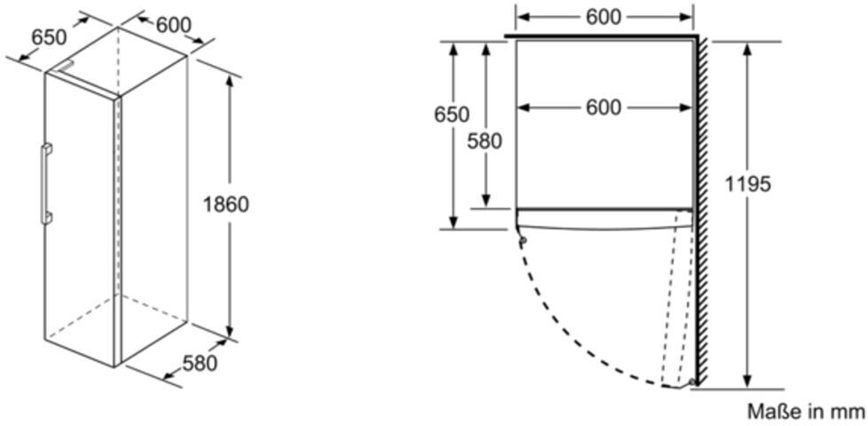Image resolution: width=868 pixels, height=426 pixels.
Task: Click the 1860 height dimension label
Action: click(x=225, y=204)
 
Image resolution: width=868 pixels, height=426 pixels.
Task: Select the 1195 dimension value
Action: click(x=748, y=185)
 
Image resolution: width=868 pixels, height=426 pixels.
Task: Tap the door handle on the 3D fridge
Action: click(x=44, y=184)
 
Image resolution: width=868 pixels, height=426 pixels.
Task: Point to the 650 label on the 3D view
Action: click(x=50, y=37)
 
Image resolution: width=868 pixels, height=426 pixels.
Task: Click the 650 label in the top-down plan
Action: click(x=452, y=114)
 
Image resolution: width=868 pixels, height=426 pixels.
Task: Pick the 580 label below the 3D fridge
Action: click(x=200, y=363)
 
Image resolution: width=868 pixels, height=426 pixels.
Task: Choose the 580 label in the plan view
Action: click(x=485, y=141)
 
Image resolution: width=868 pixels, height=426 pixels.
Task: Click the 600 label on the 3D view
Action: click(x=173, y=24)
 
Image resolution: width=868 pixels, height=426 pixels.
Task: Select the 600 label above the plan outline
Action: click(x=604, y=17)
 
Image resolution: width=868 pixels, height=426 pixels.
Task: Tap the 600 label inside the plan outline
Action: click(x=604, y=107)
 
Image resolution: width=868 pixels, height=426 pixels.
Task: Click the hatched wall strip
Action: click(x=700, y=213)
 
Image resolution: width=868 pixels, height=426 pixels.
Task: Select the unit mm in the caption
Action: click(x=846, y=412)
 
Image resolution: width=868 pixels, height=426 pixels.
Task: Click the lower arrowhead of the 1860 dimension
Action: click(x=231, y=330)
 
